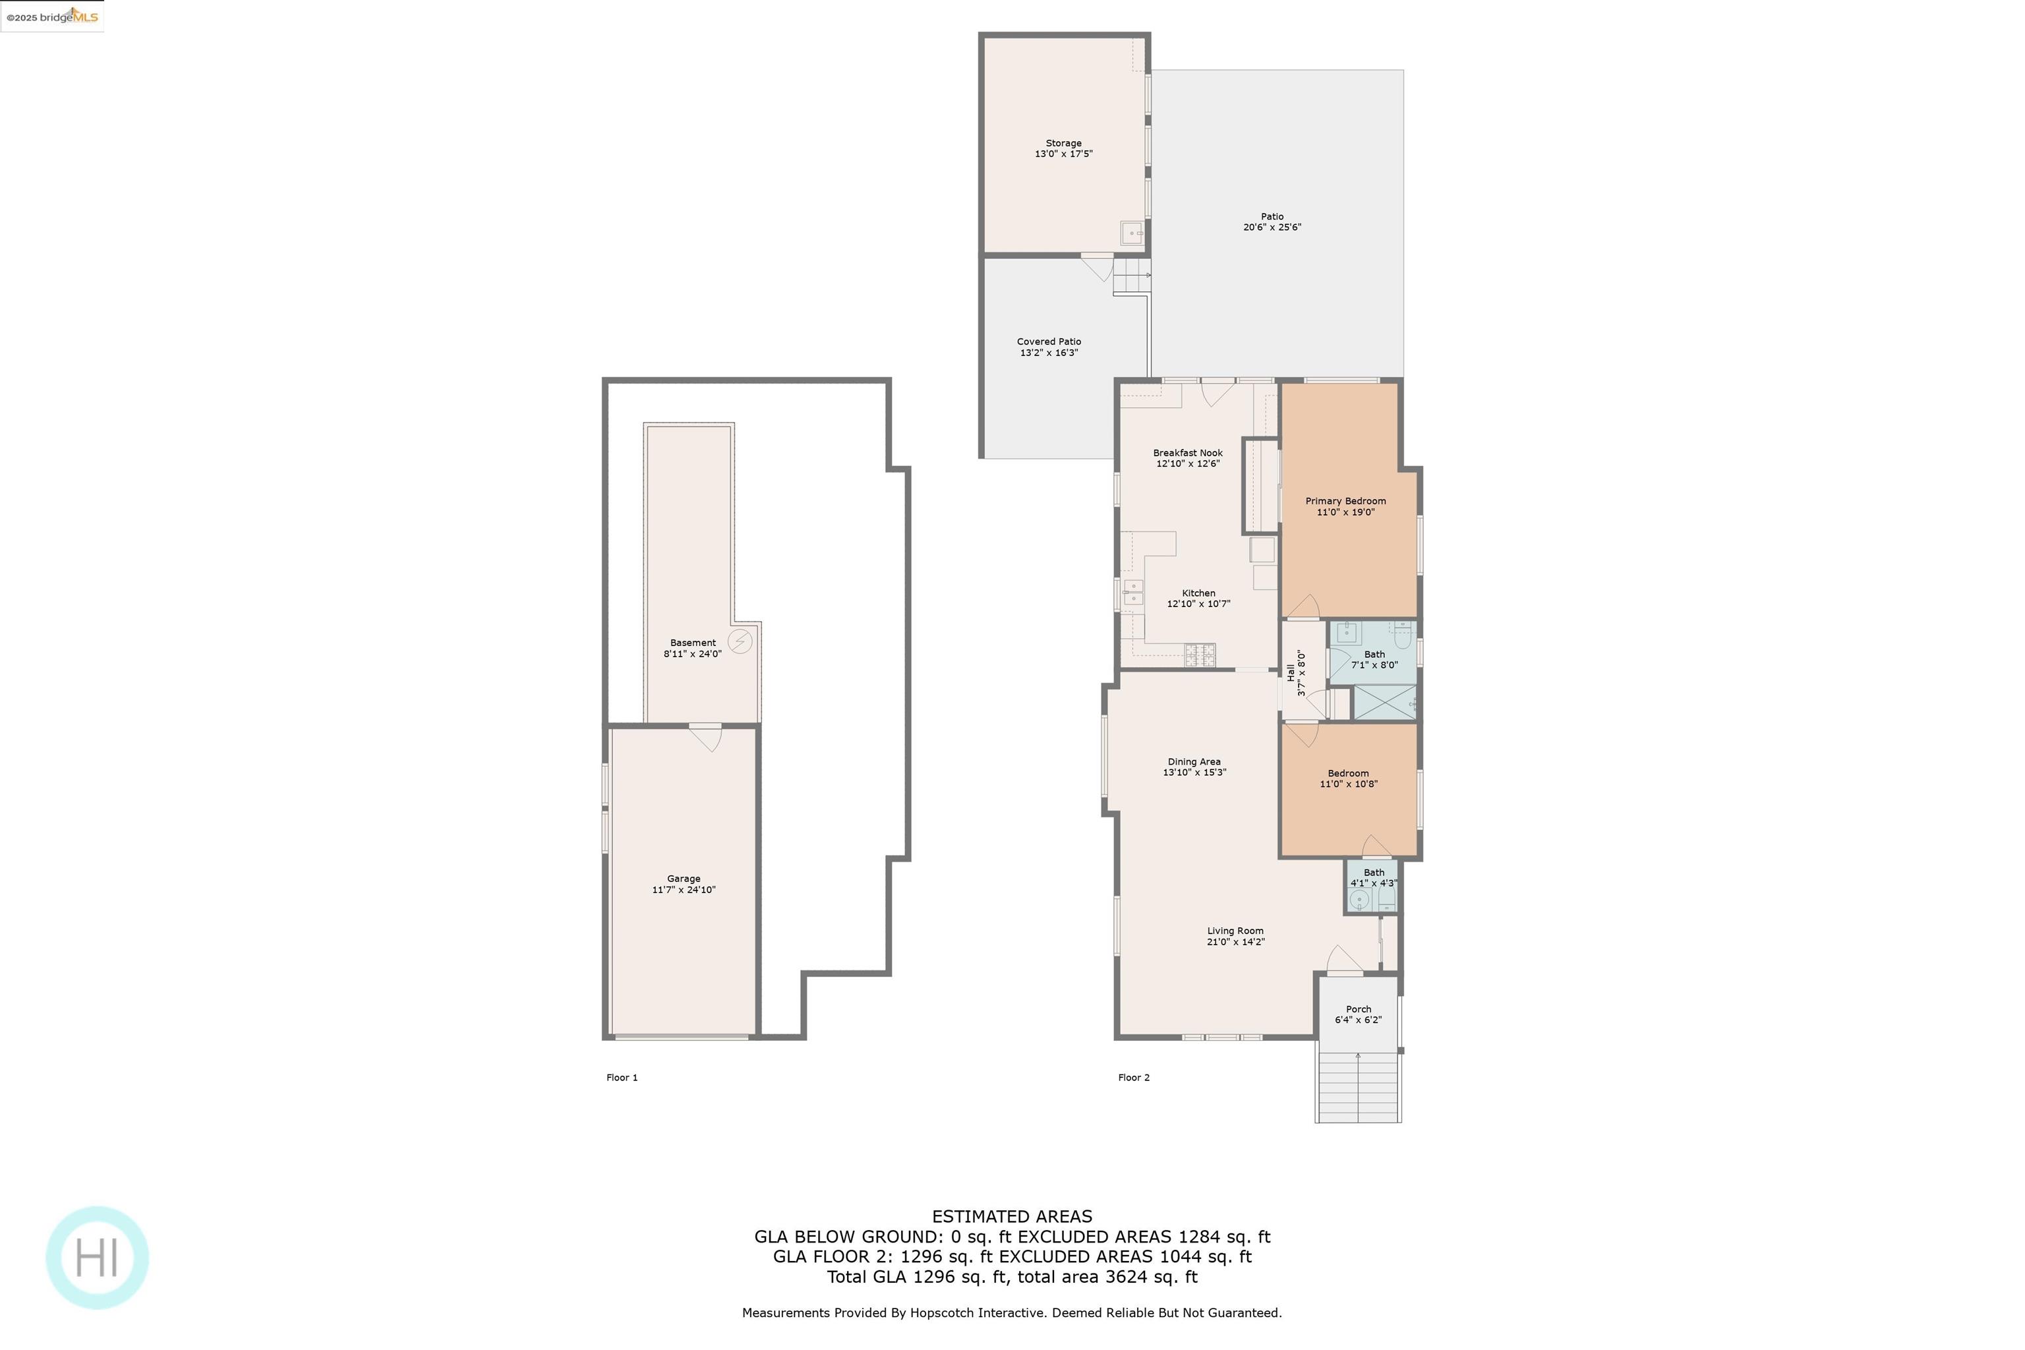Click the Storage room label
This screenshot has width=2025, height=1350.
pyautogui.click(x=1063, y=143)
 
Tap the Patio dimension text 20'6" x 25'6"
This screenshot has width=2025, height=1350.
pyautogui.click(x=1272, y=227)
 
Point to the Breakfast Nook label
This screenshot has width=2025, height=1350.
pyautogui.click(x=1187, y=453)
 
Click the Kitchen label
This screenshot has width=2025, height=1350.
pyautogui.click(x=1198, y=593)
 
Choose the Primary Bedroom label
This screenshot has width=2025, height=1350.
pyautogui.click(x=1345, y=501)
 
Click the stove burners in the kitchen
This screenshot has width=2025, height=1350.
pyautogui.click(x=1200, y=655)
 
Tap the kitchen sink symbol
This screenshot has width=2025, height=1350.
pyautogui.click(x=1134, y=593)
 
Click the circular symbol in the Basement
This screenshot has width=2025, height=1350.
pyautogui.click(x=740, y=641)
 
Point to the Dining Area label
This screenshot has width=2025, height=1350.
pyautogui.click(x=1194, y=762)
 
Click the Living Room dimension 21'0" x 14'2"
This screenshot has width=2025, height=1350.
pyautogui.click(x=1235, y=942)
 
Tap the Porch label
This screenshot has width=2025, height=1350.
pyautogui.click(x=1359, y=1009)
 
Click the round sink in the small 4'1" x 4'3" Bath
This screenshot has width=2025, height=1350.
pyautogui.click(x=1359, y=900)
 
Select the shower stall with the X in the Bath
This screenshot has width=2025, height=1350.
pyautogui.click(x=1384, y=703)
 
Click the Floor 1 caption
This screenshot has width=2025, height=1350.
pyautogui.click(x=622, y=1078)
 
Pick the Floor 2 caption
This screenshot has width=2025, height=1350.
pyautogui.click(x=1134, y=1078)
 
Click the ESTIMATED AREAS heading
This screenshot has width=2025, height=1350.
pyautogui.click(x=1012, y=1217)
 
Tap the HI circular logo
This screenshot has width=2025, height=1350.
pyautogui.click(x=98, y=1258)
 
